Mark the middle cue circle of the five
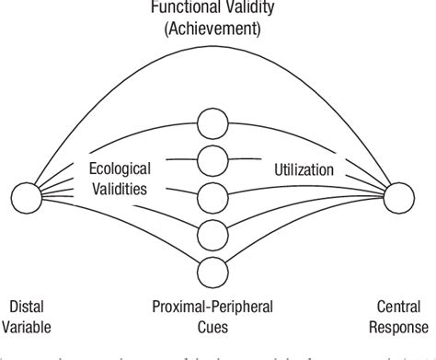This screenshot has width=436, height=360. [x=212, y=197]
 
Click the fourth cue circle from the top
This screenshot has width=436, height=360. [x=212, y=233]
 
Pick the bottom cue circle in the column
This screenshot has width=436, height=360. [x=212, y=270]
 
